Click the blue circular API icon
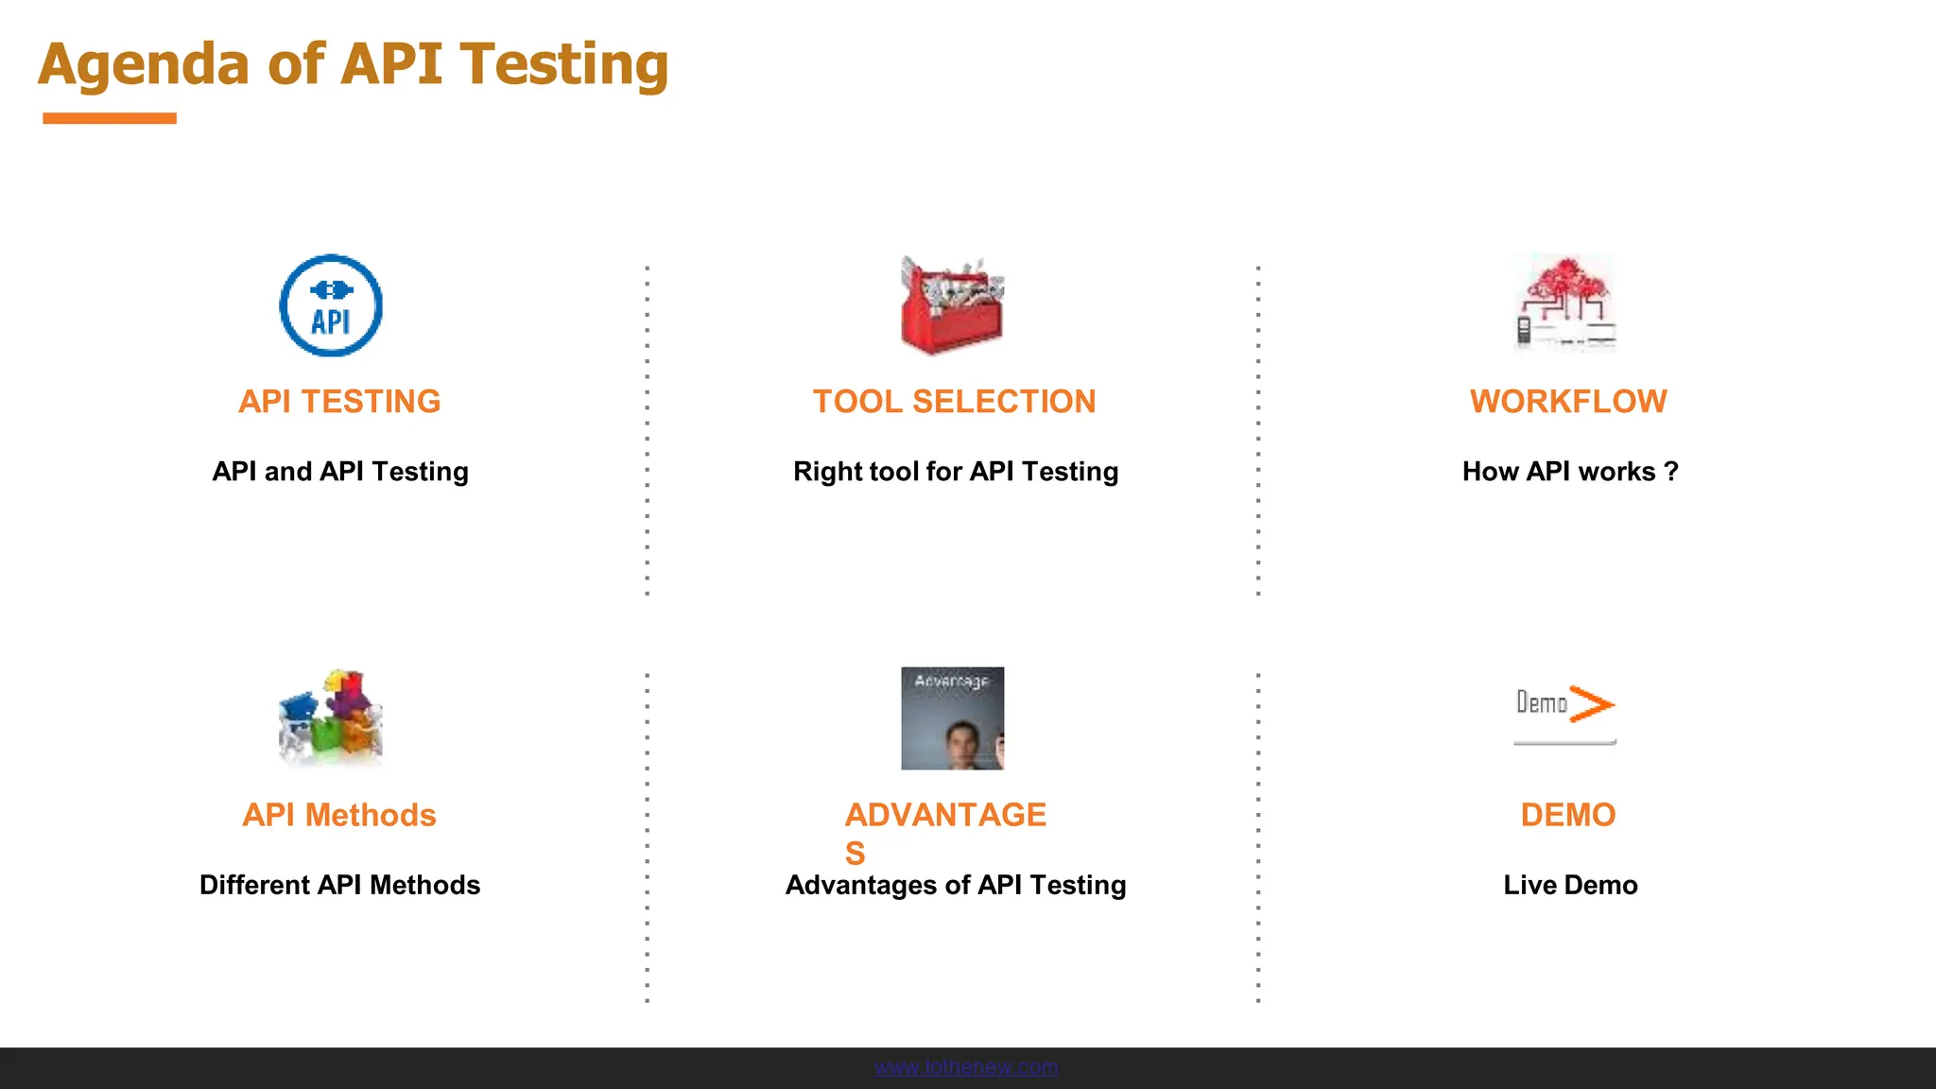(x=331, y=305)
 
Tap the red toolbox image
(x=952, y=306)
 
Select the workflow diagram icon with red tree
(x=1565, y=302)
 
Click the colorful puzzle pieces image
(x=331, y=717)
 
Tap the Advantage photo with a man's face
(x=952, y=718)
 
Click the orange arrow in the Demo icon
(x=1592, y=704)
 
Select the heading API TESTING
(x=339, y=402)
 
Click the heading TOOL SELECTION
(x=954, y=402)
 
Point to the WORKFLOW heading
(x=1568, y=402)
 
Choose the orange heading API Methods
(x=339, y=815)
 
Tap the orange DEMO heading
(x=1568, y=815)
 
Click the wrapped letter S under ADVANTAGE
(x=855, y=854)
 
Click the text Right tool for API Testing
(x=955, y=471)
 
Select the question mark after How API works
(x=1671, y=471)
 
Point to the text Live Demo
(x=1570, y=885)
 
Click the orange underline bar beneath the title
(x=110, y=118)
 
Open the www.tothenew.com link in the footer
(x=965, y=1067)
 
